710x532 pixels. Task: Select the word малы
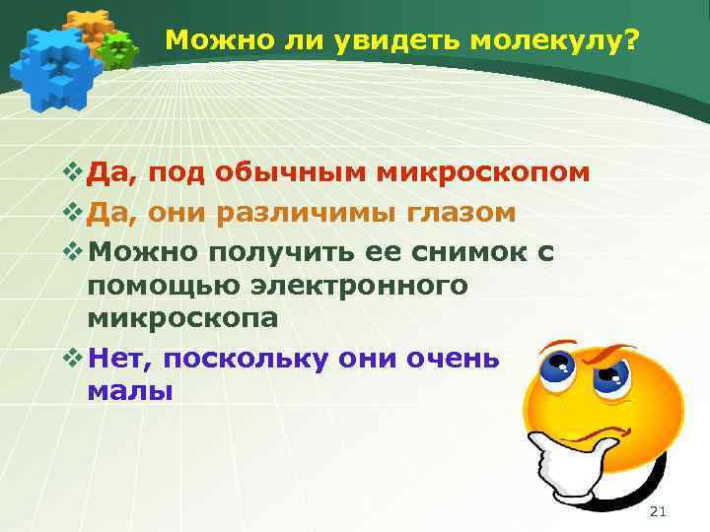point(129,391)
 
